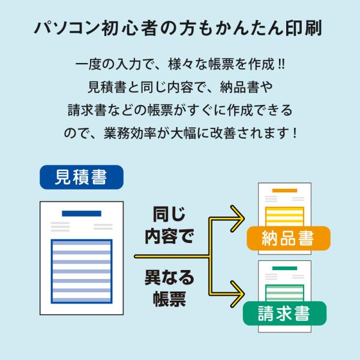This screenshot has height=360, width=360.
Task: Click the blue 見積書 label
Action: [x=82, y=178]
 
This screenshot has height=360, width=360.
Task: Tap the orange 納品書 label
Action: [x=287, y=238]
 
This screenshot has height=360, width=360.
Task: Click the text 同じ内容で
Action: [x=170, y=224]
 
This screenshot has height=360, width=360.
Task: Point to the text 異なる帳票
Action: [x=170, y=287]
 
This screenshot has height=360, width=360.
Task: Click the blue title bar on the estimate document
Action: [x=82, y=214]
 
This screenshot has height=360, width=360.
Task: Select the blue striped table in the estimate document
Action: [x=82, y=272]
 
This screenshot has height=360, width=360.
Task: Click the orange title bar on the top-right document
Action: [x=284, y=191]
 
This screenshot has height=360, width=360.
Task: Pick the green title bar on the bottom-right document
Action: [x=284, y=269]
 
